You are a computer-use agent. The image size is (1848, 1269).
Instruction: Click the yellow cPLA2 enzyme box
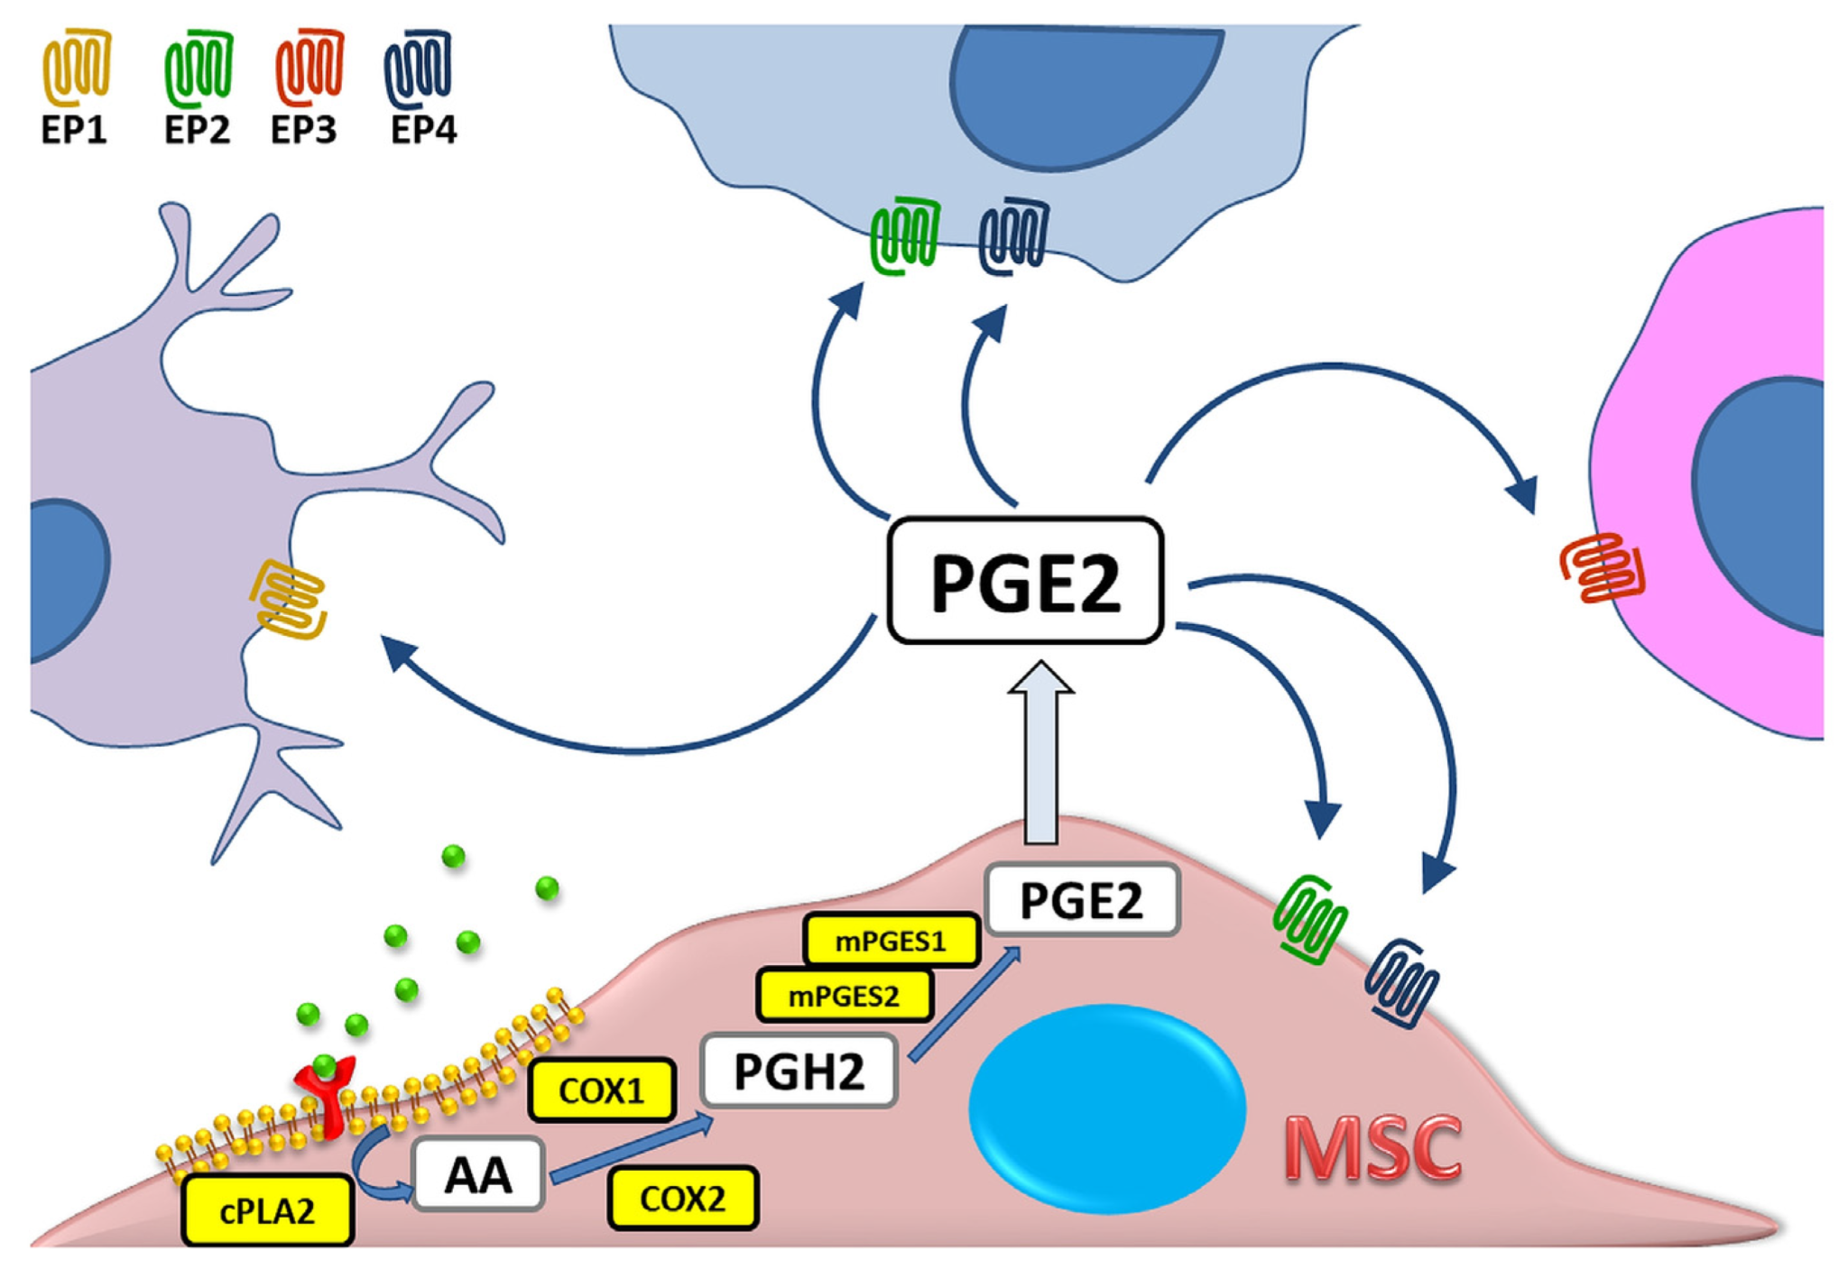[267, 1210]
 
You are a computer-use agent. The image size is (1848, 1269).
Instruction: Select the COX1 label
[601, 1090]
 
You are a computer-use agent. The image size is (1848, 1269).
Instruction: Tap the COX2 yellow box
[683, 1198]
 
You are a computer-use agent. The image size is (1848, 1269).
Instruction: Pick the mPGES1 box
[891, 941]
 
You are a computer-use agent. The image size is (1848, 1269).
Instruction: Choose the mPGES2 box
[844, 996]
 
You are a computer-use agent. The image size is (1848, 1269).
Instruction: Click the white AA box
[478, 1174]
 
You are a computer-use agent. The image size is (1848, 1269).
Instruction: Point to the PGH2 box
[799, 1071]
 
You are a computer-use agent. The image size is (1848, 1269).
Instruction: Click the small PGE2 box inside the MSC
[1082, 900]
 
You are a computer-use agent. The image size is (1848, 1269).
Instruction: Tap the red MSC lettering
[1372, 1148]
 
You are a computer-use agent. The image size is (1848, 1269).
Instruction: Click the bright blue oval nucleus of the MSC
[1107, 1108]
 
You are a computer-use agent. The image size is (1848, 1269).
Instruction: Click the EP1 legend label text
[74, 130]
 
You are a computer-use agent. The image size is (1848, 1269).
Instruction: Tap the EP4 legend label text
[423, 130]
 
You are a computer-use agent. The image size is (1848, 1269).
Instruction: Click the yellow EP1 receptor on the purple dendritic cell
[289, 600]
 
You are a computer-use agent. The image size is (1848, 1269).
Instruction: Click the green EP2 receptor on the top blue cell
[905, 236]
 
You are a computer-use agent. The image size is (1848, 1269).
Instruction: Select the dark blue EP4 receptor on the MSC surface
[1400, 983]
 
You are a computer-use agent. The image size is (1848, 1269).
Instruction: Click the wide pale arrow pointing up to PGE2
[1041, 753]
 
